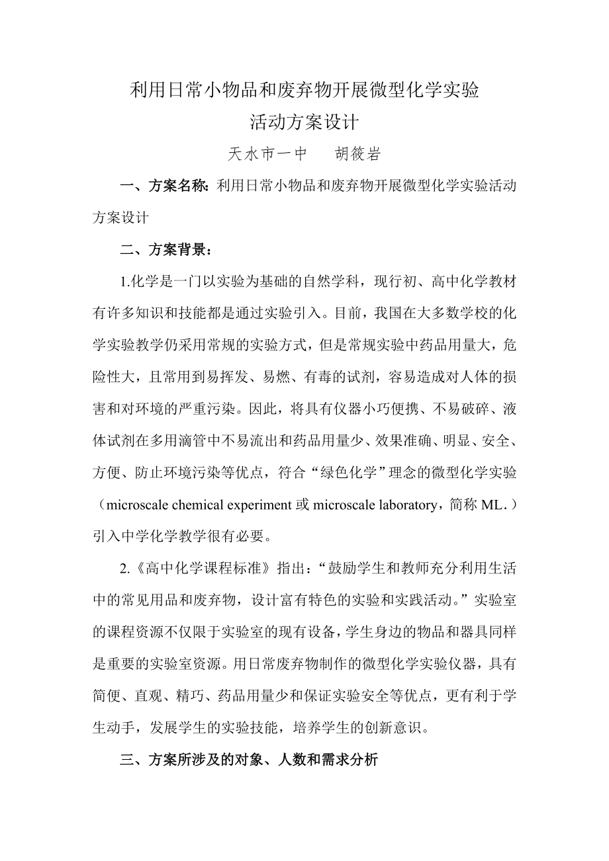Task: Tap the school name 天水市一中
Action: click(x=267, y=155)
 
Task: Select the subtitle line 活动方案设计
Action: click(x=304, y=123)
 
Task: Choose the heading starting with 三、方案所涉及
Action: click(x=248, y=760)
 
